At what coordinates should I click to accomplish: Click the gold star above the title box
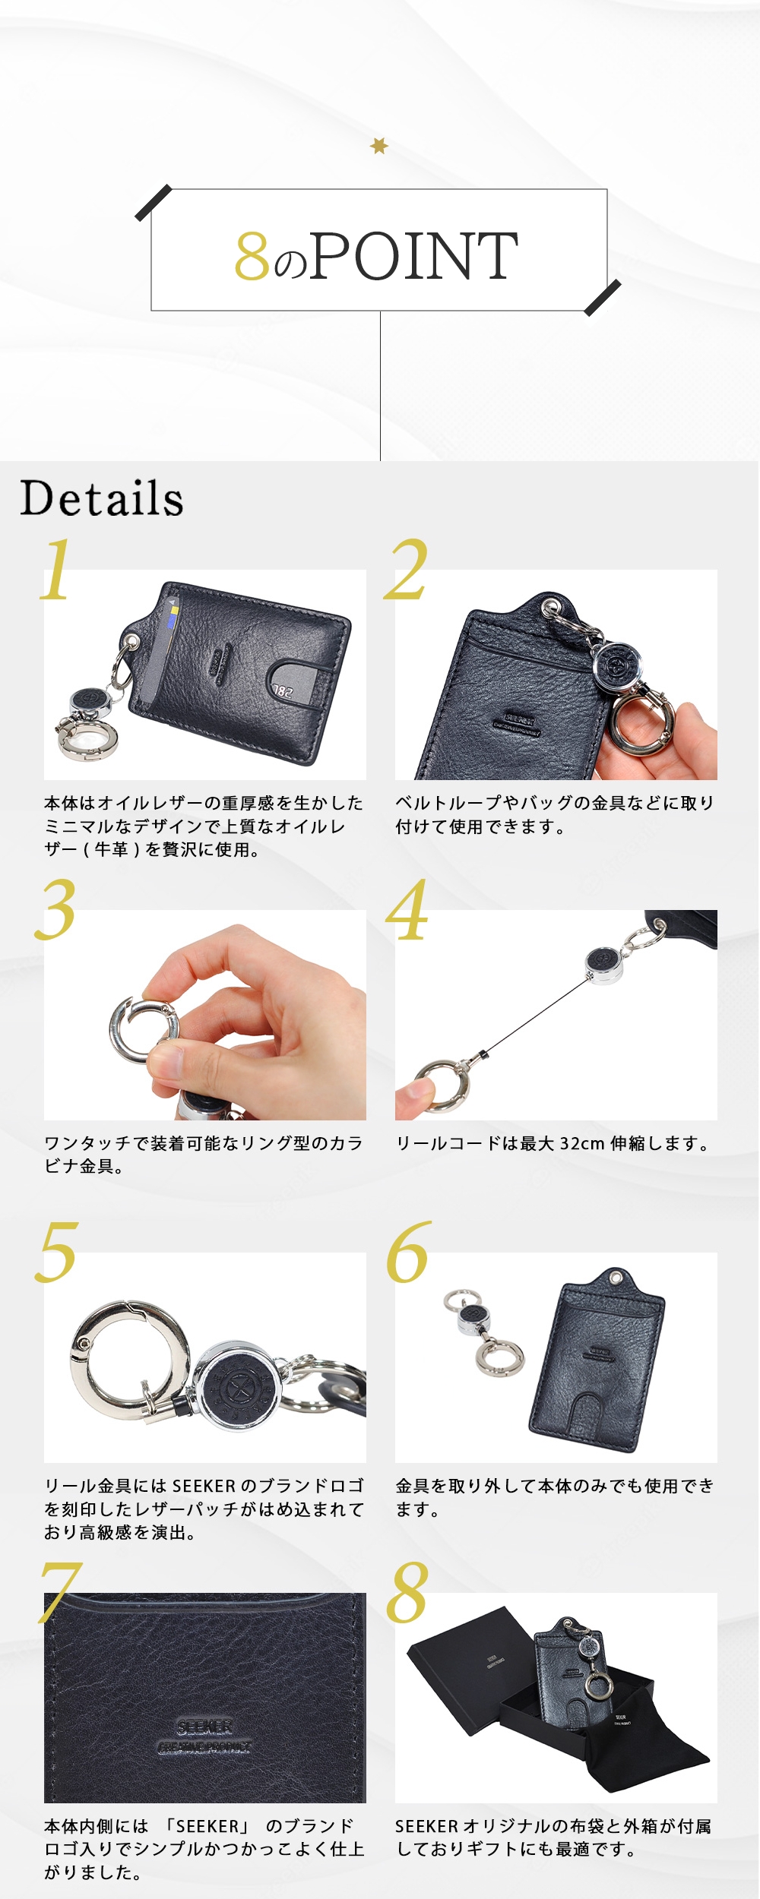click(379, 145)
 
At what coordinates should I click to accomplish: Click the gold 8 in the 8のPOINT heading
click(252, 257)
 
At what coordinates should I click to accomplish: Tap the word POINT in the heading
click(414, 256)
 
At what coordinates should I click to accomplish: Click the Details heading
click(102, 499)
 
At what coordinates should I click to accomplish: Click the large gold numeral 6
click(408, 1253)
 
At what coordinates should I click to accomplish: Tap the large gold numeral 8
click(407, 1593)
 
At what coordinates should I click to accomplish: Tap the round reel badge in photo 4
click(598, 962)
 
